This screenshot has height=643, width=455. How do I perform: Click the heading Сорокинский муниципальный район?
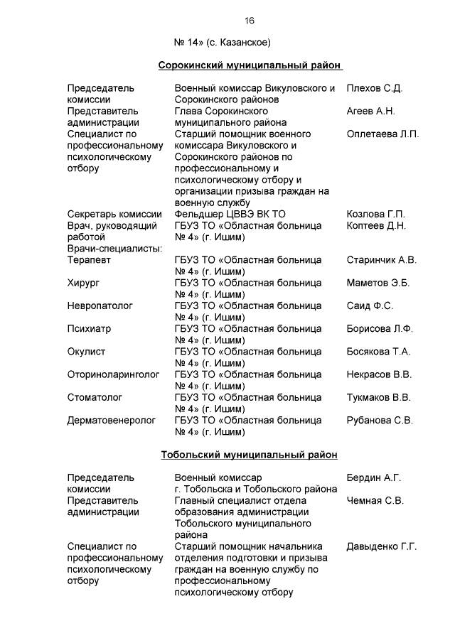click(250, 65)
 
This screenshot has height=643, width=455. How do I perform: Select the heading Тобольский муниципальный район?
click(250, 455)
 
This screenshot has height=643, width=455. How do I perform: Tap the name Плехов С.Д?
click(375, 88)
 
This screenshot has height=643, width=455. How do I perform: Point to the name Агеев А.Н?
click(370, 111)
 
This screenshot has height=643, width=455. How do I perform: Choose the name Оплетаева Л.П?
click(382, 134)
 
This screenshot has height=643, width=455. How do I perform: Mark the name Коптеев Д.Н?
click(376, 226)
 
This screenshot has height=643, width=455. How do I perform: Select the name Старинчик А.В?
click(381, 260)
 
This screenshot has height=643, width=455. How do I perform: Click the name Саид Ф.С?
click(370, 306)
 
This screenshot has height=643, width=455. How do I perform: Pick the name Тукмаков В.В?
click(378, 397)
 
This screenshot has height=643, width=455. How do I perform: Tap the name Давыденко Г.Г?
click(381, 546)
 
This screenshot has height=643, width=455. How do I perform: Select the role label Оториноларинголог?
click(114, 374)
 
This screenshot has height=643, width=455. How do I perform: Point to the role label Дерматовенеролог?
click(112, 420)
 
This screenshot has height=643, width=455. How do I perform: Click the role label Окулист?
click(87, 352)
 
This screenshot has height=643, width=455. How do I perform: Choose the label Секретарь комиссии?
click(115, 215)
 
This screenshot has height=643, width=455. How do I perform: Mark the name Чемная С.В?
click(375, 500)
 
